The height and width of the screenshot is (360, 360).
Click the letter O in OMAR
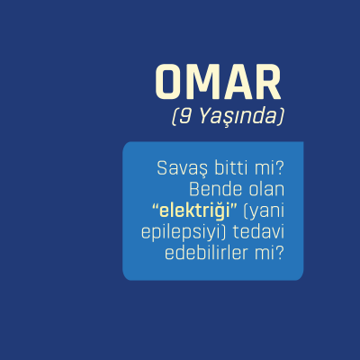pos(170,83)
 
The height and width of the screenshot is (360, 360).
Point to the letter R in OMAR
pos(265,83)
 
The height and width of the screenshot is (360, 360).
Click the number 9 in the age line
pos(180,116)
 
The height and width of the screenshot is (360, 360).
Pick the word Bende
pos(213,189)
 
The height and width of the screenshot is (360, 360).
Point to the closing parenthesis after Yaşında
pos(282,117)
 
